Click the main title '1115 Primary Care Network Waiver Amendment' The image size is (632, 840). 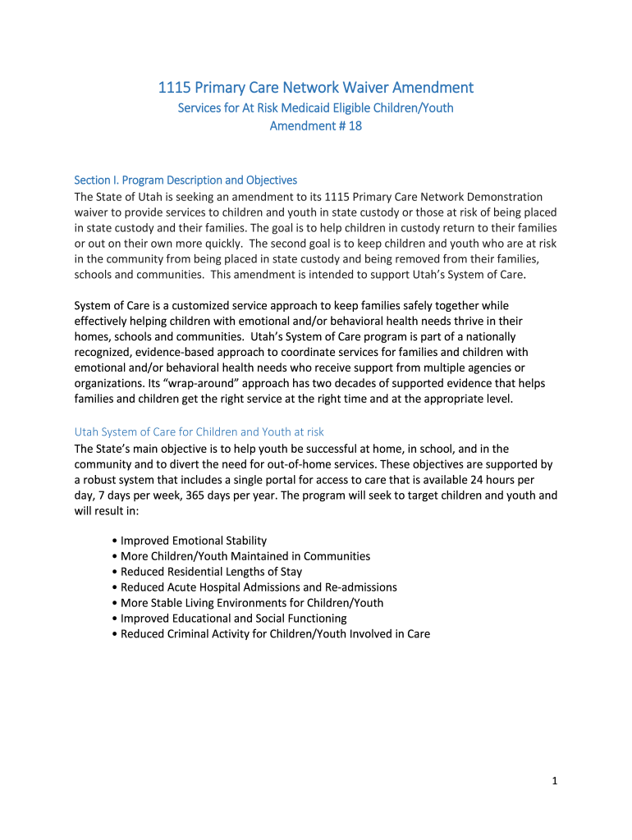tap(315, 88)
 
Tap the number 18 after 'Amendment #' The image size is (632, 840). tap(355, 126)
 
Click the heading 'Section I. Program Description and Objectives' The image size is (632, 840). tap(185, 180)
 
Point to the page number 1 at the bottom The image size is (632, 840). tap(555, 782)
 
